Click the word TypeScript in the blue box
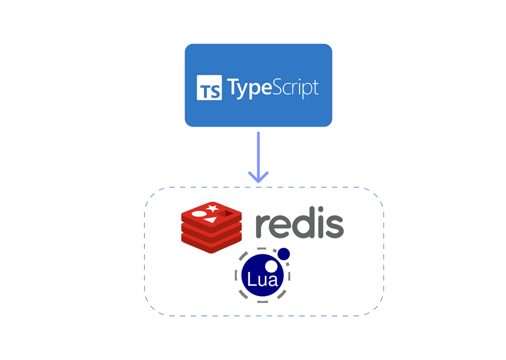click(x=272, y=87)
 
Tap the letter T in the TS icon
click(x=205, y=91)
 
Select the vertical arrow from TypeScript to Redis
click(x=258, y=152)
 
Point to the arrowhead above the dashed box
click(x=258, y=178)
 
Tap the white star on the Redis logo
click(x=213, y=208)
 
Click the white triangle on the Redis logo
click(x=212, y=220)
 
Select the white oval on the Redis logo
click(x=199, y=215)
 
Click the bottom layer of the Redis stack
click(x=212, y=245)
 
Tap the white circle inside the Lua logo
click(x=271, y=266)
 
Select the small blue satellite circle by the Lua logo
click(x=283, y=253)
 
